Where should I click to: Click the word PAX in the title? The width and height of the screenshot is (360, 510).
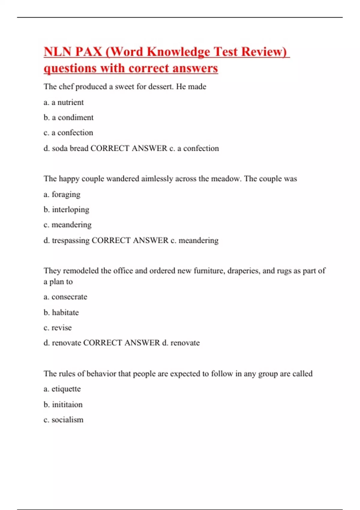[x=88, y=52]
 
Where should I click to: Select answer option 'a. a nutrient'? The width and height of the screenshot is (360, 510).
[x=64, y=102]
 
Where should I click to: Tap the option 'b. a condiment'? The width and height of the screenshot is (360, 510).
[x=68, y=117]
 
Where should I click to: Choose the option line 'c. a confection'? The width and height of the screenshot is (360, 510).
[x=68, y=133]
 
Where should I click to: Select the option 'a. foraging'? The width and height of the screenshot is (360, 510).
[x=62, y=194]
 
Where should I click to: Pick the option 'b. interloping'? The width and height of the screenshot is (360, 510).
[x=66, y=209]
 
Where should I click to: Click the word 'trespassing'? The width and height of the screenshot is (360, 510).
[x=71, y=240]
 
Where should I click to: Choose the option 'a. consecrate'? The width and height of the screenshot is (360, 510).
[x=65, y=297]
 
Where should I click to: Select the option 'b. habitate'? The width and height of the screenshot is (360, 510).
[x=61, y=312]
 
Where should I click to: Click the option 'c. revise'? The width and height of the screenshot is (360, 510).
[x=58, y=328]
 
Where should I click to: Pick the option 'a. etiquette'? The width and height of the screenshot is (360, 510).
[x=62, y=389]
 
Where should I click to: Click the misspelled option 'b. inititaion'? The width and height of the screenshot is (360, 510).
[x=63, y=404]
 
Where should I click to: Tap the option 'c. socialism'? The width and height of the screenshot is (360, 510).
[x=64, y=420]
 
